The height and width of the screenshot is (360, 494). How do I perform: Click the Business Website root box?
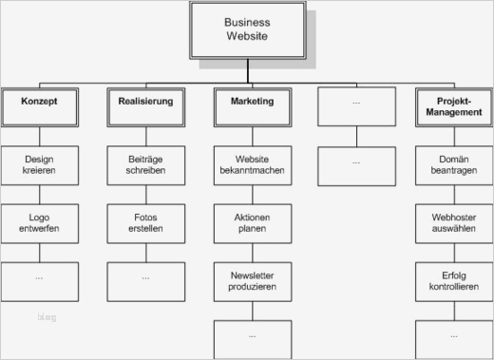247,29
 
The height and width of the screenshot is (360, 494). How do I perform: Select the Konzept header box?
40,107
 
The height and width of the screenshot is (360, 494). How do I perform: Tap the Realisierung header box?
145,107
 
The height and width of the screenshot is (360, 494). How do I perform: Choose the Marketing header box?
252,107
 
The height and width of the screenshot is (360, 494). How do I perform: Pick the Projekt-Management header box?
453,107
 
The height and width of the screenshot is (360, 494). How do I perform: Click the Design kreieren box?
40,165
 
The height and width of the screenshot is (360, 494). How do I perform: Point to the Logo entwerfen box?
40,223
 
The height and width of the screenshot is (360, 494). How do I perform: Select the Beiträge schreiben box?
145,165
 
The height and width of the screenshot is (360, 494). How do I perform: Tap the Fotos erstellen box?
145,223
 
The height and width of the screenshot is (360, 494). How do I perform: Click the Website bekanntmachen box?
252,165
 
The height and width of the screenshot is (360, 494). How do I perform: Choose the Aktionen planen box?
252,223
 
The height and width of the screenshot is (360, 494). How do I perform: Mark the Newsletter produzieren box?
252,281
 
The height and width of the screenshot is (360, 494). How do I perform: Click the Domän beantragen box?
453,165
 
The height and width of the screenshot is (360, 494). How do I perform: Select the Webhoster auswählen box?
453,223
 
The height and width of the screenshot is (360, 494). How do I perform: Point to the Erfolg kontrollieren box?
453,281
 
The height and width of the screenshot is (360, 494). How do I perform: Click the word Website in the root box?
247,37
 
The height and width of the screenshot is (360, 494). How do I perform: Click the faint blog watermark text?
47,317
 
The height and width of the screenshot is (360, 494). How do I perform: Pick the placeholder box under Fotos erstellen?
145,280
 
